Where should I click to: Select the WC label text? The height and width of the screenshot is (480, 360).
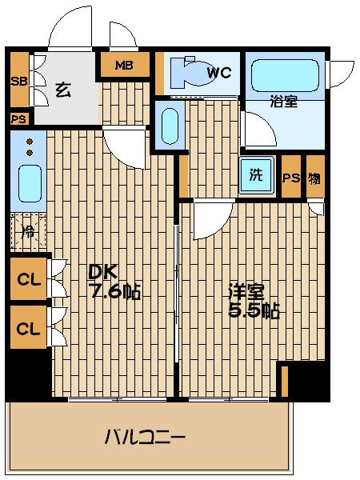218,73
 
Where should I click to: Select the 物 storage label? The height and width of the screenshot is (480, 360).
315,178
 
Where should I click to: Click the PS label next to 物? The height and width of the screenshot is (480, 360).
291,178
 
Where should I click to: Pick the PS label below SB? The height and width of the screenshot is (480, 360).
18,119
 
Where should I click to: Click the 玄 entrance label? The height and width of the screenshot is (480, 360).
63,90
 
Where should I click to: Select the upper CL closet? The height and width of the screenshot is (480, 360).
28,281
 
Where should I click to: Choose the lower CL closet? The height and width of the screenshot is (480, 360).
28,328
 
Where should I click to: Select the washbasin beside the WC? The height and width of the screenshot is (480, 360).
168,124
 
